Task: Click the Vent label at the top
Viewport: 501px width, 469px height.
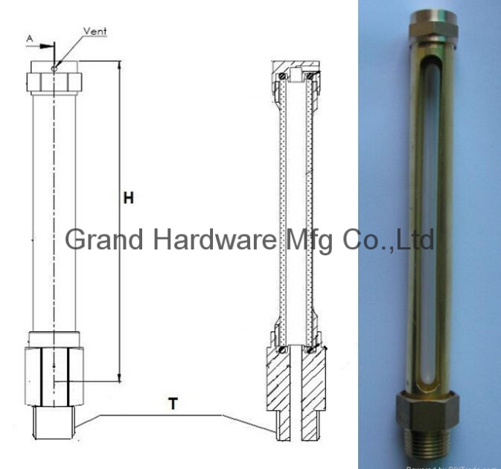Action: (96, 32)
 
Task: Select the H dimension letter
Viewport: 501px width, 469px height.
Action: (128, 198)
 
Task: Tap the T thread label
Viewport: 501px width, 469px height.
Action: (173, 404)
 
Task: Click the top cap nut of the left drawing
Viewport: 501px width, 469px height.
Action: (54, 80)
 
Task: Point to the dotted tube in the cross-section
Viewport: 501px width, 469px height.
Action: (299, 208)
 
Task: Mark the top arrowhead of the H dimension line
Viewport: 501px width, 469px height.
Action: (119, 66)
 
